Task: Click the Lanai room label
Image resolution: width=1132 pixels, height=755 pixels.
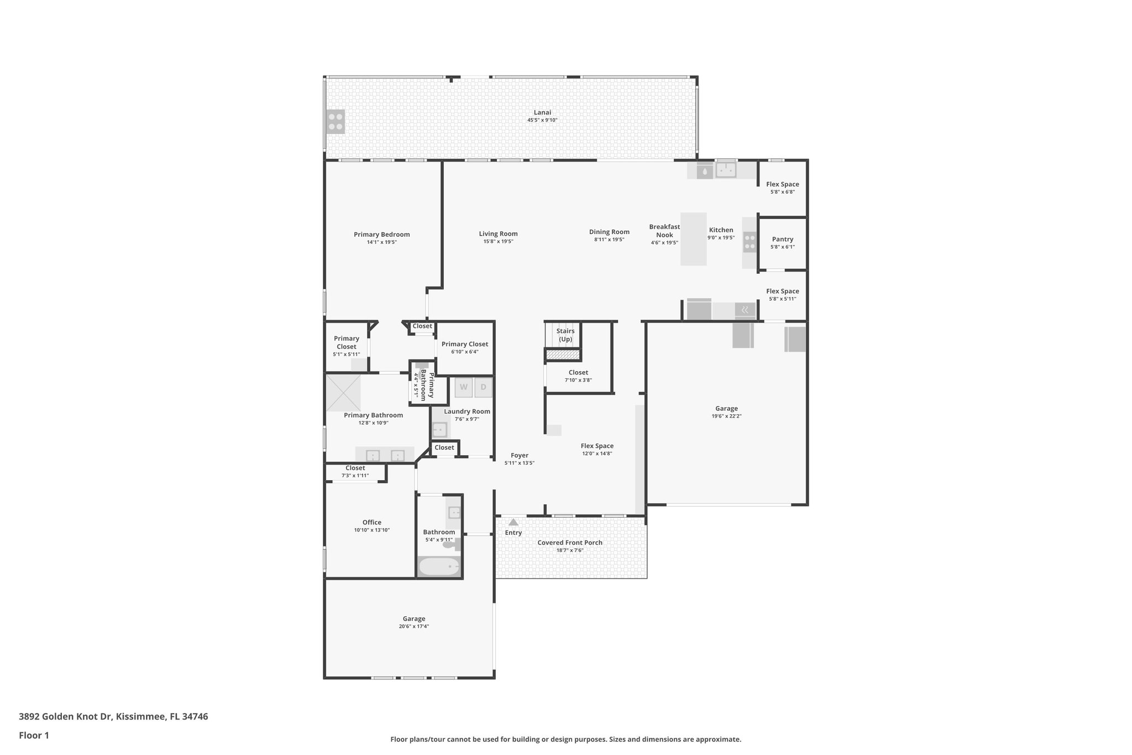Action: [x=542, y=112]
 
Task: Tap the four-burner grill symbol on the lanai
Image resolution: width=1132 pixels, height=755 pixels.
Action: [x=336, y=122]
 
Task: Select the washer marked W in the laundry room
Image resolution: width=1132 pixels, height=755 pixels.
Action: [x=464, y=387]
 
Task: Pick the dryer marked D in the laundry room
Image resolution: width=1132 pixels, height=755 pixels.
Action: [x=483, y=387]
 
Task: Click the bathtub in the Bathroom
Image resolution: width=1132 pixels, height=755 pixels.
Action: [x=439, y=567]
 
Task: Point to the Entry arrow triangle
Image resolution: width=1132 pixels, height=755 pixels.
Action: [x=513, y=522]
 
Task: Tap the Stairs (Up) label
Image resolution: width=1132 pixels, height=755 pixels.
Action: [x=565, y=335]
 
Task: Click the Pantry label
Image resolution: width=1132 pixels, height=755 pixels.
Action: [x=782, y=239]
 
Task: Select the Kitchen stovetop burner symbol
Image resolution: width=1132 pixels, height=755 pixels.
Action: [x=750, y=242]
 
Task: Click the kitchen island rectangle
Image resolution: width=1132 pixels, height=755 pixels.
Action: [x=693, y=239]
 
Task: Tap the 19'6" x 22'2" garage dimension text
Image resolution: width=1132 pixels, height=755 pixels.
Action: [x=726, y=416]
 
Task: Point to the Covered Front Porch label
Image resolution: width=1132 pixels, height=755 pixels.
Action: [x=570, y=543]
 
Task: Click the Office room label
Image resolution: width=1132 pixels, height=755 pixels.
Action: [x=371, y=522]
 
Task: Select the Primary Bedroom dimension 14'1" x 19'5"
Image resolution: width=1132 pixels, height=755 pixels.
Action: [x=381, y=242]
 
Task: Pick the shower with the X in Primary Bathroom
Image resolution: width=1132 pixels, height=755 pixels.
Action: [x=343, y=393]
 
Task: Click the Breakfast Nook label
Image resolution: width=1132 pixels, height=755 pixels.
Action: [x=664, y=231]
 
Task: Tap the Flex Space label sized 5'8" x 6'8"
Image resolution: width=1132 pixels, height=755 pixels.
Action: [x=782, y=184]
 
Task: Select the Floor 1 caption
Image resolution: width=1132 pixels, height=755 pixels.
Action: [x=34, y=736]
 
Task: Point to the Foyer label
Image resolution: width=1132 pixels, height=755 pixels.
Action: [x=519, y=455]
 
